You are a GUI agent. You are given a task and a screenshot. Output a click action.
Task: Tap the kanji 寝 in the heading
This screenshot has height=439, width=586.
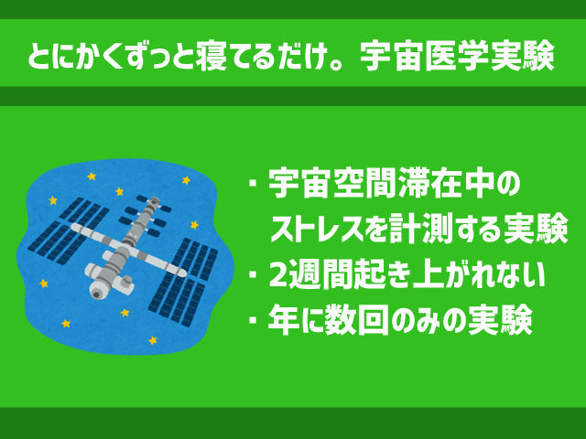(x=211, y=57)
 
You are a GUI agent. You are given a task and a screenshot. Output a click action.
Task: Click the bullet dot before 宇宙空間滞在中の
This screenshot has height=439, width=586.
(x=254, y=183)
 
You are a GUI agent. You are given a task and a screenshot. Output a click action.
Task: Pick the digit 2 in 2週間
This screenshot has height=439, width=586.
(x=278, y=275)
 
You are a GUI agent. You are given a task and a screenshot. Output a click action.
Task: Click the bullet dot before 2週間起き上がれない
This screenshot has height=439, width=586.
(x=254, y=275)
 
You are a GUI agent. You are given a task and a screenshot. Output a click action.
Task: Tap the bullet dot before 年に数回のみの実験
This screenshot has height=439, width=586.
(x=254, y=320)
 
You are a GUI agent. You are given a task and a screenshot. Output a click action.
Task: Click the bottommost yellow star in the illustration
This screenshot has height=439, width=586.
(x=153, y=340)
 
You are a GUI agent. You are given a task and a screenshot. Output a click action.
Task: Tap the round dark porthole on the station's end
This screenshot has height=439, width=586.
(x=97, y=294)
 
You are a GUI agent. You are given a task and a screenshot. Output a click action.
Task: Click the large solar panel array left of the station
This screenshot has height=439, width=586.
(x=69, y=230)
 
